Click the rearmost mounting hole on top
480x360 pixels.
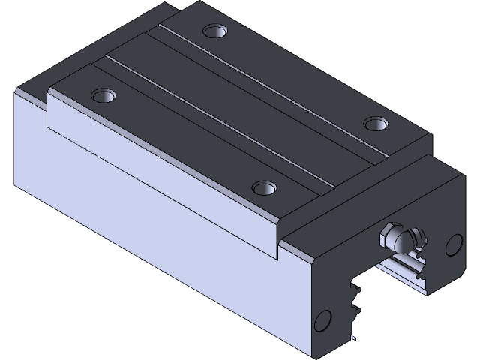216,32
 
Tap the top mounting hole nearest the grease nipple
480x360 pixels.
374,122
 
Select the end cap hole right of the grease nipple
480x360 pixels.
454,244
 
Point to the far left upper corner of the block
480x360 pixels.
16,90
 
